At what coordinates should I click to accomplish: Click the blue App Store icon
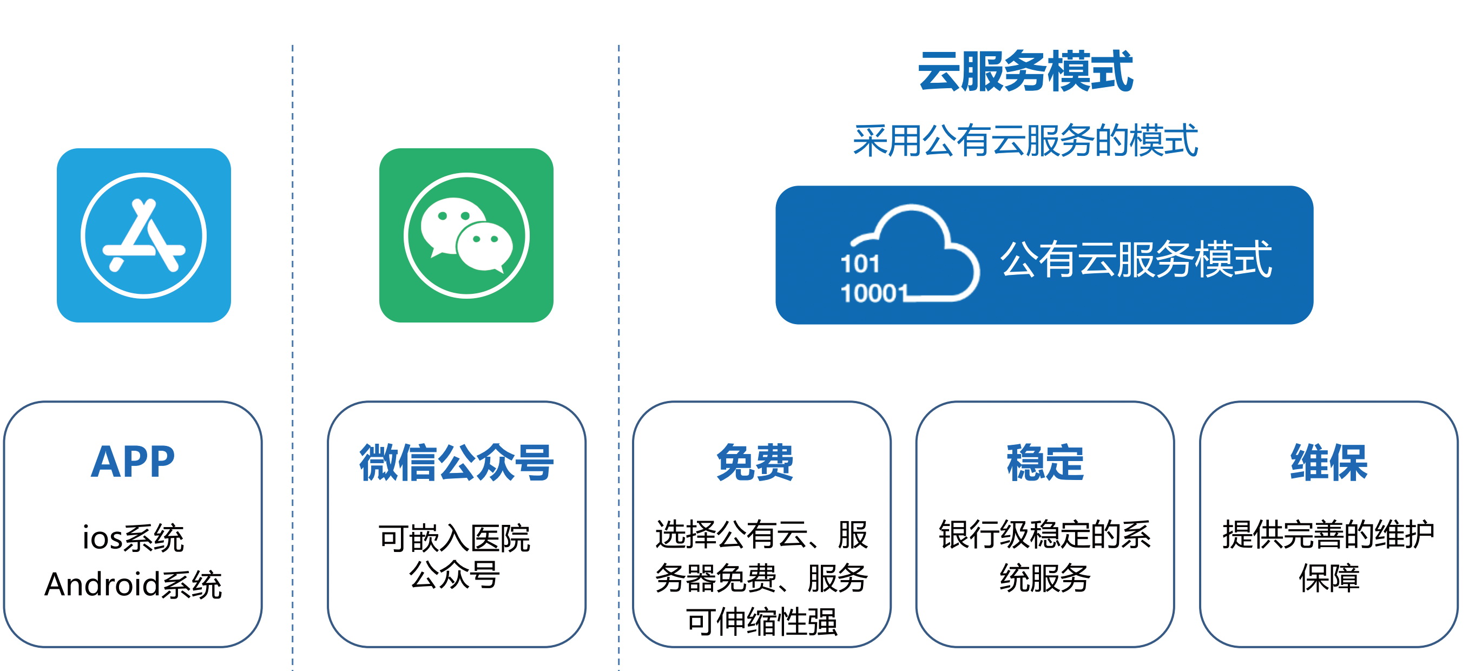tap(144, 235)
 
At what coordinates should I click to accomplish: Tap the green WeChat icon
tap(466, 235)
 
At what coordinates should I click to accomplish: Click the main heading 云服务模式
tap(1025, 71)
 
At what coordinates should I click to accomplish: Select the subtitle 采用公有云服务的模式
tap(1025, 140)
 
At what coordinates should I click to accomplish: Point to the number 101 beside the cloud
tap(859, 264)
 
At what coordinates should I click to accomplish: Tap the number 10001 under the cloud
tap(874, 293)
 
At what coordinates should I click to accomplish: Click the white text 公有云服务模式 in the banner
tap(1136, 259)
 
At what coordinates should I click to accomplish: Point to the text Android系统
tap(133, 584)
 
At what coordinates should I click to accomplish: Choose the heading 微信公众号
tap(456, 463)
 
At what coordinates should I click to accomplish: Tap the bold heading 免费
tap(755, 463)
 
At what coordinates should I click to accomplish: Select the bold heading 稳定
tap(1045, 463)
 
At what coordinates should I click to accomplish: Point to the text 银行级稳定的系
tap(1045, 534)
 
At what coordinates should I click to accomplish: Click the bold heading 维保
tap(1329, 463)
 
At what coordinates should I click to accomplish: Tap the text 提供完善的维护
tap(1328, 534)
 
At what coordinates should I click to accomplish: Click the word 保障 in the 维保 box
tap(1329, 578)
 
